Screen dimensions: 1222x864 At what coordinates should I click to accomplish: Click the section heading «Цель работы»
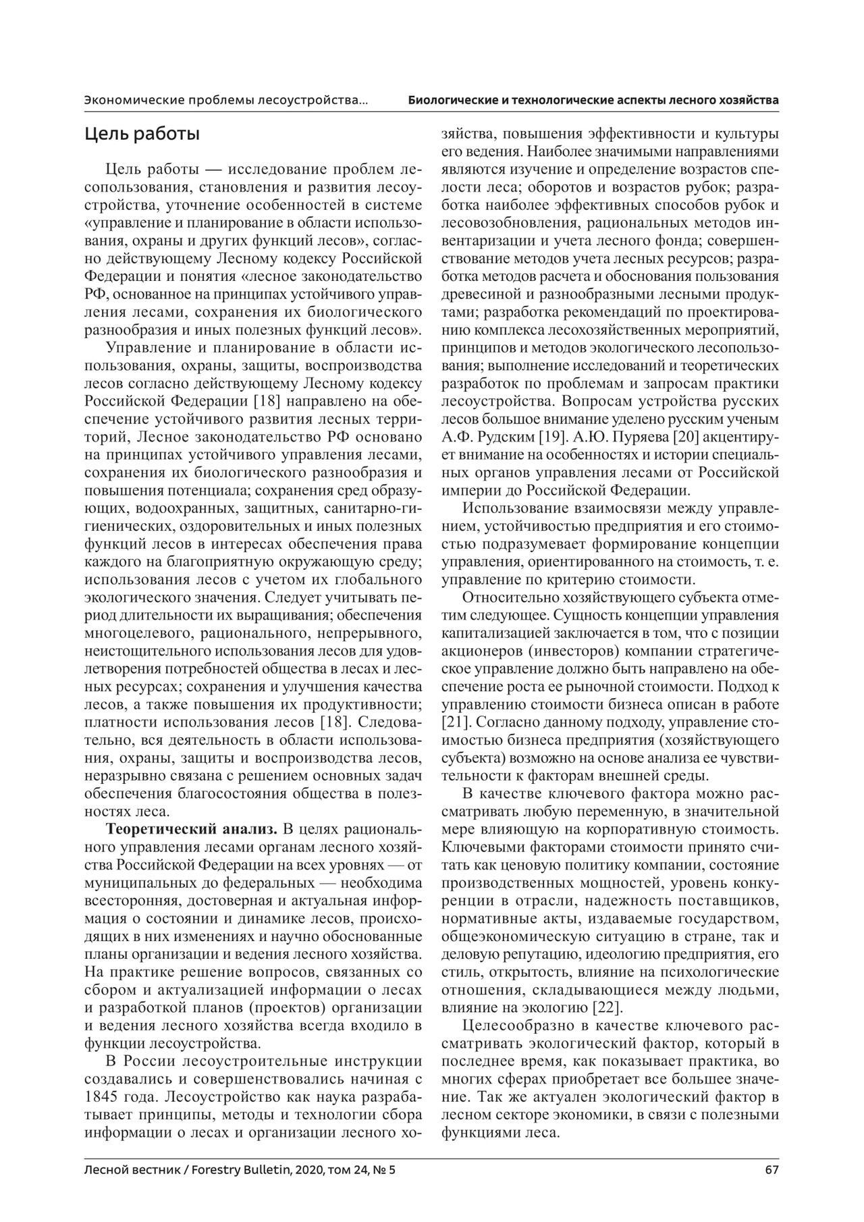pos(142,134)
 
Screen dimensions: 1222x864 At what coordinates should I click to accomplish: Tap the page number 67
pos(772,1188)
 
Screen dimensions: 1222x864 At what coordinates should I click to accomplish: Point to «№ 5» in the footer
pos(386,1188)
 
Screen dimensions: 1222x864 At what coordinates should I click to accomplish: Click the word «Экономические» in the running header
pos(126,100)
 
